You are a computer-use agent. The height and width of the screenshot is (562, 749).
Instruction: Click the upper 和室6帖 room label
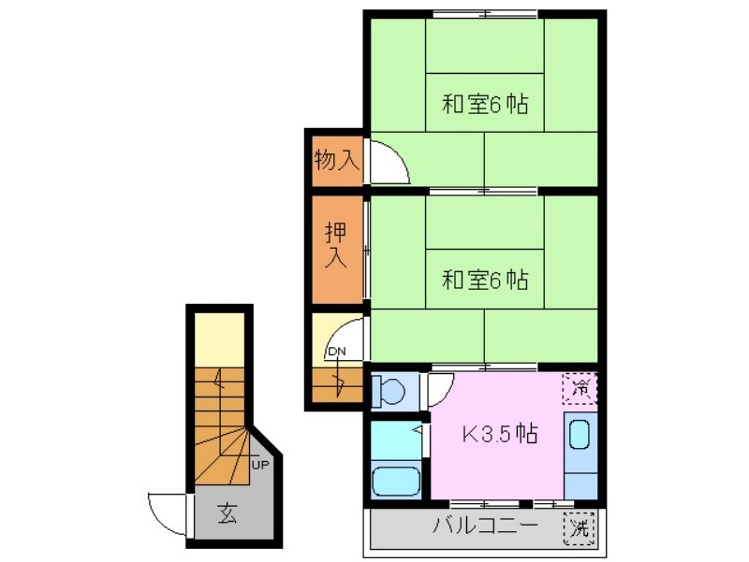coord(485,104)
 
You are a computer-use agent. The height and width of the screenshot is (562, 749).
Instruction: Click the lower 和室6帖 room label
coord(485,279)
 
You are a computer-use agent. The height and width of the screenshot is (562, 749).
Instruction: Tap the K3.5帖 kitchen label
coord(501,434)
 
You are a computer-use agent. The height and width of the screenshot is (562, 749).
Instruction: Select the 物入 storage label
coord(336,160)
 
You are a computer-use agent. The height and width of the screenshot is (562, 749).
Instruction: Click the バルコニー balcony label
coord(485,526)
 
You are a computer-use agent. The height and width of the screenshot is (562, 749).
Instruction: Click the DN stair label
coord(335,352)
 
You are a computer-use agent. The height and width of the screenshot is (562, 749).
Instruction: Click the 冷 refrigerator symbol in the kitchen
coord(580,387)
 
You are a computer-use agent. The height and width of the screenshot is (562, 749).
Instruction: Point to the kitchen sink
coord(580,436)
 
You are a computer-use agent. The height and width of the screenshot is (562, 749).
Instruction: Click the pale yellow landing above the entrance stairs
coord(219,340)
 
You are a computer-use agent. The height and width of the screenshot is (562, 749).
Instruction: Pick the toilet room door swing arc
coord(440,387)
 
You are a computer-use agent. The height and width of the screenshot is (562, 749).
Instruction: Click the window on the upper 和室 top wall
coord(485,12)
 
